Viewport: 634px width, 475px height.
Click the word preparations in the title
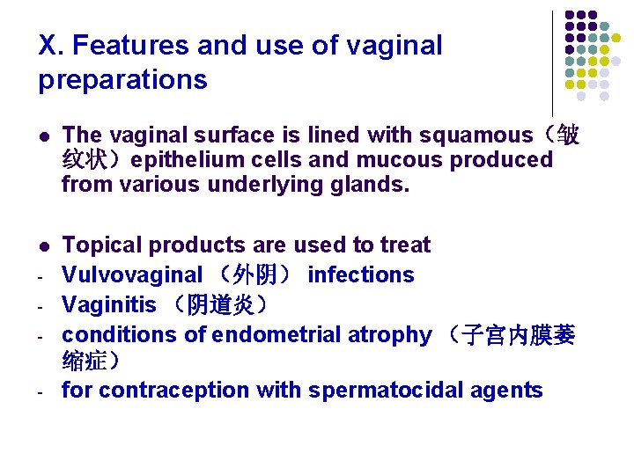coord(122,80)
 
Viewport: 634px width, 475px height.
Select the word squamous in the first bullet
coord(476,135)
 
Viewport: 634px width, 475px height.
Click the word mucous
coord(400,160)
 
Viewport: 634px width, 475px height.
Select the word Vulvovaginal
coord(132,274)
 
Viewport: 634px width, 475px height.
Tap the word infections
coord(361,274)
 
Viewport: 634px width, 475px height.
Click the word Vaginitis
coord(109,305)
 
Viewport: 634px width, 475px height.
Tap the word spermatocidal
coord(383,391)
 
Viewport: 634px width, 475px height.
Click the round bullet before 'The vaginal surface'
coord(45,136)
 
